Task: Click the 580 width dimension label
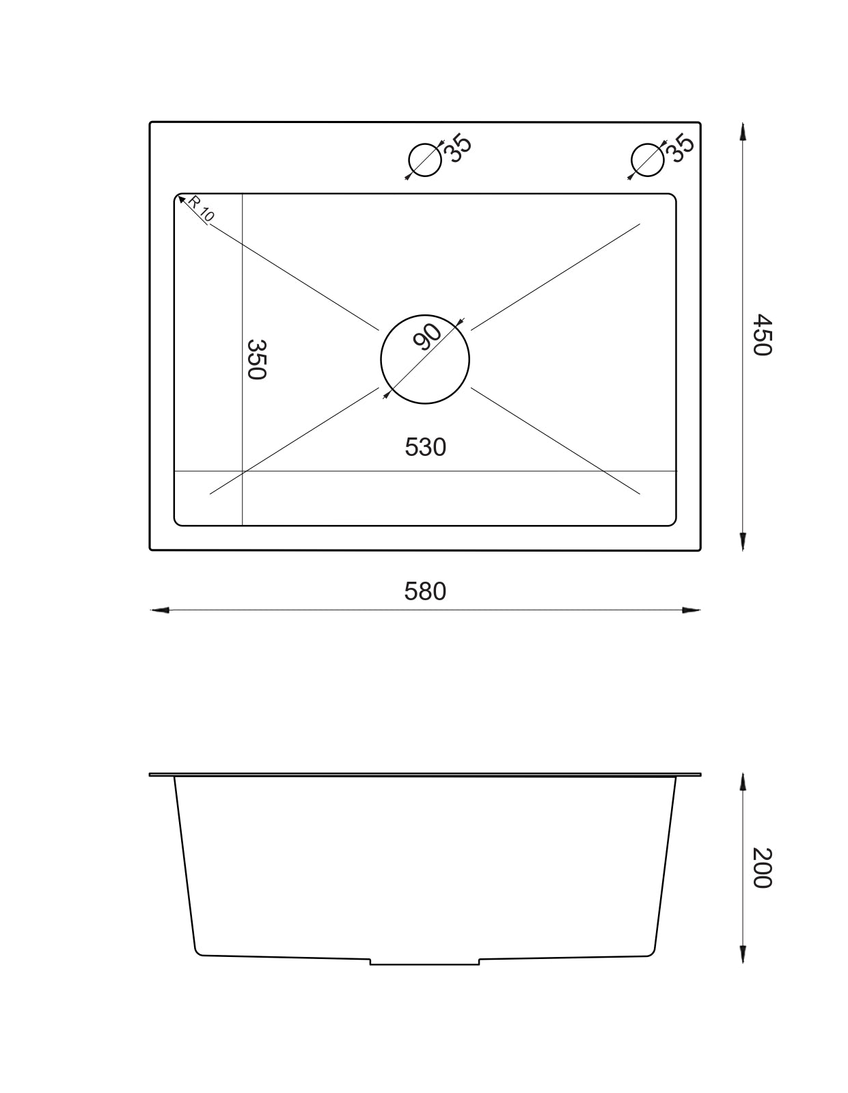[425, 591]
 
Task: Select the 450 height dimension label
[761, 335]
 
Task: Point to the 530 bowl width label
[425, 447]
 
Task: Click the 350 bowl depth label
[256, 360]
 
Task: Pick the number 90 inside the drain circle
[427, 336]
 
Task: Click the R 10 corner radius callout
[201, 208]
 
